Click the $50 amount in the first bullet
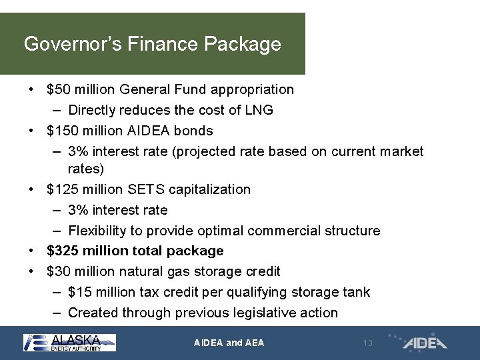pyautogui.click(x=58, y=89)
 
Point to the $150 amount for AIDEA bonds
pyautogui.click(x=62, y=131)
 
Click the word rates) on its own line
pyautogui.click(x=86, y=169)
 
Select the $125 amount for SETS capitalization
pyautogui.click(x=62, y=190)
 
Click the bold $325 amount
pyautogui.click(x=62, y=251)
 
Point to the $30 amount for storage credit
pyautogui.click(x=58, y=272)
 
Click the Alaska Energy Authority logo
pyautogui.click(x=69, y=343)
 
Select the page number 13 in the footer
pyautogui.click(x=367, y=343)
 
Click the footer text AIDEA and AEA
pyautogui.click(x=229, y=343)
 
